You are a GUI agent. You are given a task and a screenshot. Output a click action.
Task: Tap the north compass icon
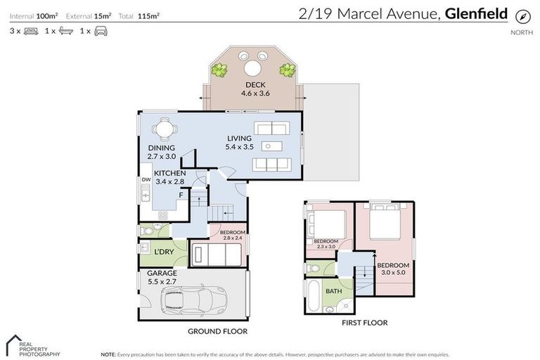tap(521, 16)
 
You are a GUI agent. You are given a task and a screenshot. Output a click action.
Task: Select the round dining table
tap(163, 129)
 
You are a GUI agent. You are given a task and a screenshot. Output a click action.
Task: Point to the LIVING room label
tap(239, 139)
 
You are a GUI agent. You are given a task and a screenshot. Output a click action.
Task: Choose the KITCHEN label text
tap(170, 173)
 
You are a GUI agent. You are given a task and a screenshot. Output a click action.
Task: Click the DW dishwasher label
tap(146, 180)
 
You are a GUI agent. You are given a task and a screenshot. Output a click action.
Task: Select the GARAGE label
tap(162, 273)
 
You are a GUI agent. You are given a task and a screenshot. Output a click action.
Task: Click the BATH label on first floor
tap(333, 290)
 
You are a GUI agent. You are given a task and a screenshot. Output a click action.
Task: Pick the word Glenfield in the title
tap(476, 13)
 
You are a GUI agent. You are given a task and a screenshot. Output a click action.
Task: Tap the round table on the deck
tap(252, 68)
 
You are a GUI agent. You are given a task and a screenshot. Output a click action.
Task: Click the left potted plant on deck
tap(221, 70)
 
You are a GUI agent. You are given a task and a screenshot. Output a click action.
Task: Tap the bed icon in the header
tap(30, 31)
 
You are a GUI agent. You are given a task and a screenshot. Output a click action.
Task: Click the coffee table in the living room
tap(270, 146)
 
